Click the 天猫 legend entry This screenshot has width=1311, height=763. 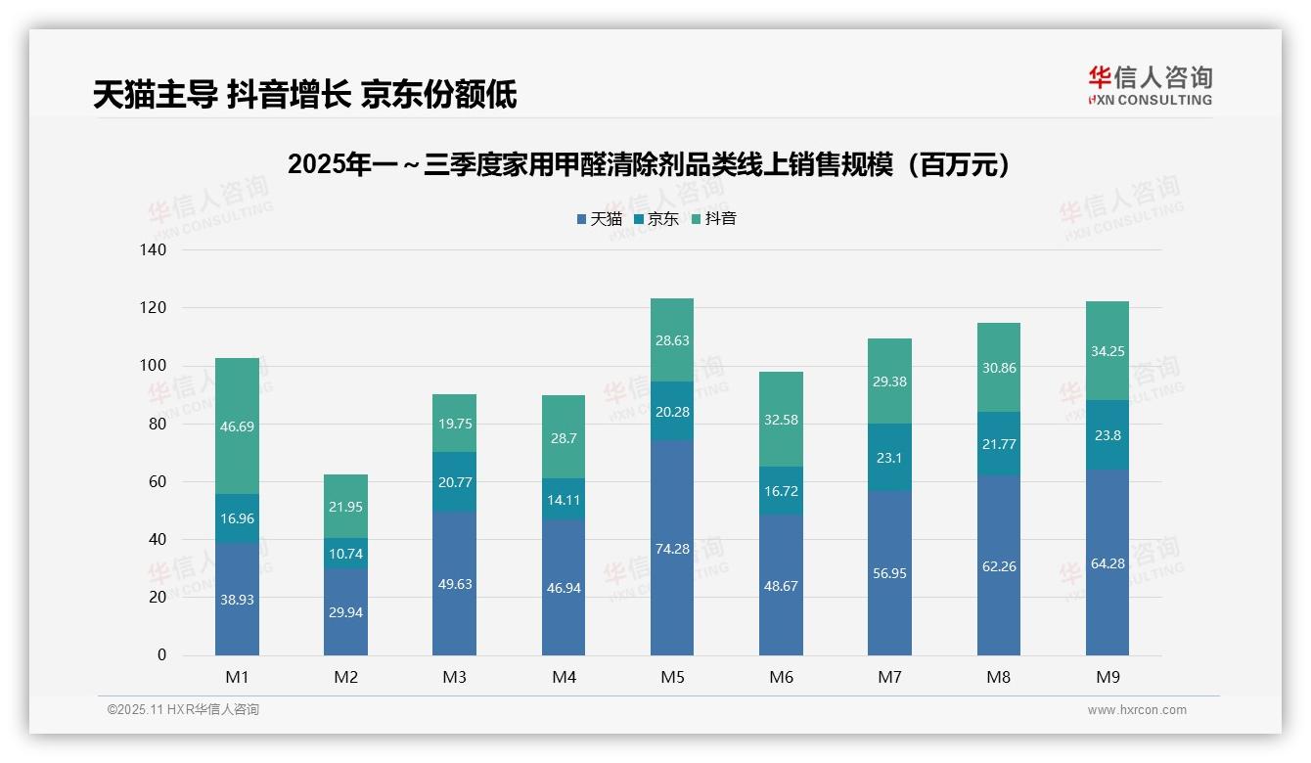pyautogui.click(x=599, y=219)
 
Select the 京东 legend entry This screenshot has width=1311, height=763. pyautogui.click(x=655, y=219)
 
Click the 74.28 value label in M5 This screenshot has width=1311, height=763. pyautogui.click(x=672, y=549)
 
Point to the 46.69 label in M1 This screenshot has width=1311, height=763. pyautogui.click(x=237, y=426)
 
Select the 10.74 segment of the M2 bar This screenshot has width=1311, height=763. pyautogui.click(x=345, y=554)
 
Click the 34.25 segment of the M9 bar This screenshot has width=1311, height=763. pyautogui.click(x=1108, y=351)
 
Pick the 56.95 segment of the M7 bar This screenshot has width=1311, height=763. pyautogui.click(x=889, y=573)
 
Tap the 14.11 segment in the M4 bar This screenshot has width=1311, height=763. pyautogui.click(x=564, y=499)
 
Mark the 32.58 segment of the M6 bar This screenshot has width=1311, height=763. pyautogui.click(x=781, y=420)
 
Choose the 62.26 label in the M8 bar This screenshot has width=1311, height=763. pyautogui.click(x=998, y=565)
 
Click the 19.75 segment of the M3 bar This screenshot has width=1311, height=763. pyautogui.click(x=454, y=424)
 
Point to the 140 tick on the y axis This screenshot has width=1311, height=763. pyautogui.click(x=155, y=250)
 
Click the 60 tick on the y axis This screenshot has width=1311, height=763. pyautogui.click(x=158, y=482)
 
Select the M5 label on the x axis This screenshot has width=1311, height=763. pyautogui.click(x=672, y=677)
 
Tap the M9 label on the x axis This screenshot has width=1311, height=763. pyautogui.click(x=1108, y=677)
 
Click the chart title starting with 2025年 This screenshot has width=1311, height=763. pyautogui.click(x=650, y=164)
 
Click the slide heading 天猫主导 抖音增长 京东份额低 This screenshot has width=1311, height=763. pyautogui.click(x=304, y=94)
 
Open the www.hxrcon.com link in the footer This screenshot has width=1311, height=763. pyautogui.click(x=1136, y=710)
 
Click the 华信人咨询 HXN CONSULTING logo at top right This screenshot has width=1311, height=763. pyautogui.click(x=1150, y=85)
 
